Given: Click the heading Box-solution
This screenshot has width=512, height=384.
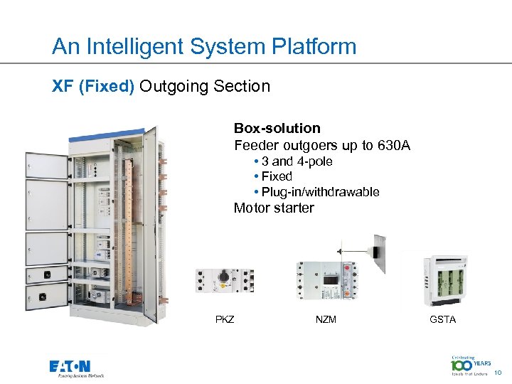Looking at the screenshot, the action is (x=277, y=129).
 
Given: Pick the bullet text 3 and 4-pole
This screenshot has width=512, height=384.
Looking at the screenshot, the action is (x=297, y=161).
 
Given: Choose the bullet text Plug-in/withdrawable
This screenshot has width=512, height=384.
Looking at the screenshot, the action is (x=320, y=192).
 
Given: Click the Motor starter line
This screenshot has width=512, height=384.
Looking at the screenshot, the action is (x=274, y=208).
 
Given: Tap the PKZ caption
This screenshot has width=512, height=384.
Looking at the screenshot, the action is (x=225, y=319).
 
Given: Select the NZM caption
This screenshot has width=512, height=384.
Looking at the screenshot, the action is (x=326, y=319).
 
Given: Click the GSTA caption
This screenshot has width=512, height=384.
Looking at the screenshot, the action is (x=442, y=319).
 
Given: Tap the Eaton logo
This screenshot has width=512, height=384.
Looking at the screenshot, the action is (x=76, y=368).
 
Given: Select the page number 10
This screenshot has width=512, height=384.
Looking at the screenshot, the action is (x=498, y=372).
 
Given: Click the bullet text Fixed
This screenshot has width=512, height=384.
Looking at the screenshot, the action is (x=277, y=176).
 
